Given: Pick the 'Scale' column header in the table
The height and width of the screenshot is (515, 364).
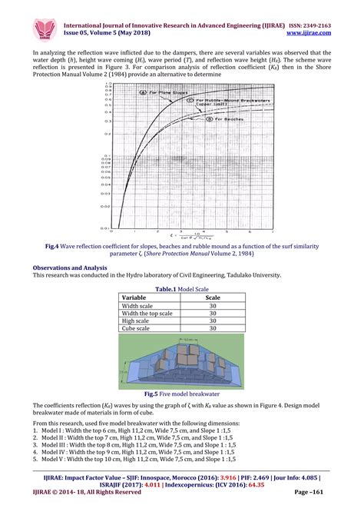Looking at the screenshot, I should (213, 297).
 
